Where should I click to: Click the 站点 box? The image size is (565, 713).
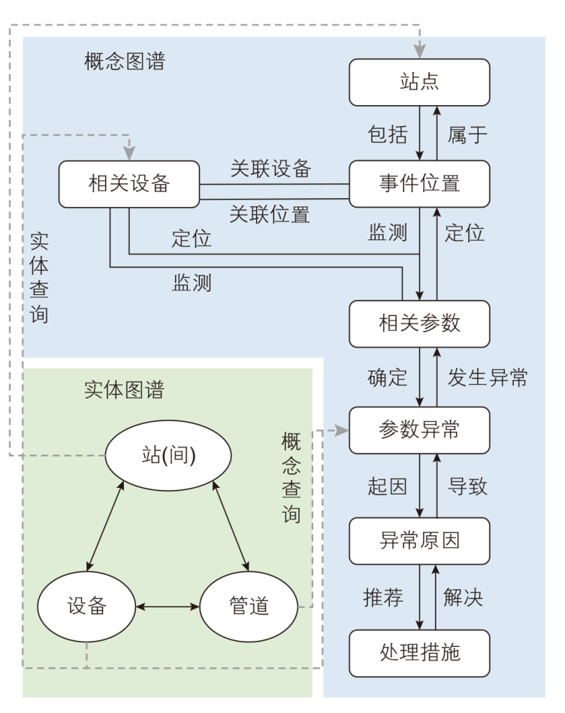point(419,82)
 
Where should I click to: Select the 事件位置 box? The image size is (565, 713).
point(419,183)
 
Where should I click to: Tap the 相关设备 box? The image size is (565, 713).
point(128,183)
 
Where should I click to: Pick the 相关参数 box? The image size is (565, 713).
point(419,323)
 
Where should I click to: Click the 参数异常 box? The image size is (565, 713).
point(419,430)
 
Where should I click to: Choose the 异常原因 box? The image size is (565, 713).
point(419,541)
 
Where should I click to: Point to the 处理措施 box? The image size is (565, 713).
point(419,651)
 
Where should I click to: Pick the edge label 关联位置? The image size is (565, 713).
point(270,215)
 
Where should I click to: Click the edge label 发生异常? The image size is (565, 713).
point(488,378)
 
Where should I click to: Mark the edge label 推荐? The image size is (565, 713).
point(383,597)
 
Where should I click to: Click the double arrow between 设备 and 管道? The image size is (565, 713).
point(166,605)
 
